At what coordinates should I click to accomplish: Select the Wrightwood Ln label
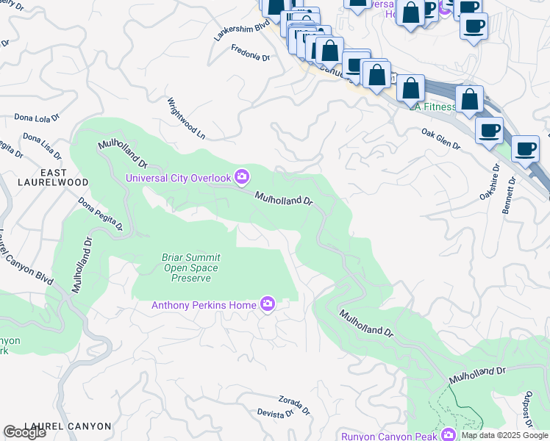[x=186, y=118]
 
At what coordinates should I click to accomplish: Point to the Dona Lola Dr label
[x=37, y=118]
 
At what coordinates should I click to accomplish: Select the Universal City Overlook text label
[x=178, y=177]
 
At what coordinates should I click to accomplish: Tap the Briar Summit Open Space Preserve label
[x=191, y=268]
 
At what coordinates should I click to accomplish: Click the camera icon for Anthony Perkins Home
[x=268, y=304]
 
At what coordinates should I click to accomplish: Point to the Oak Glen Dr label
[x=440, y=139]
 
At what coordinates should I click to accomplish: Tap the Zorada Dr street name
[x=295, y=404]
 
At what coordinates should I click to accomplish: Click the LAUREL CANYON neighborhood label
[x=68, y=426]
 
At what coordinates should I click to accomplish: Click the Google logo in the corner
[x=24, y=432]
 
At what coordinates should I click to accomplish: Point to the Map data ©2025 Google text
[x=504, y=435]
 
